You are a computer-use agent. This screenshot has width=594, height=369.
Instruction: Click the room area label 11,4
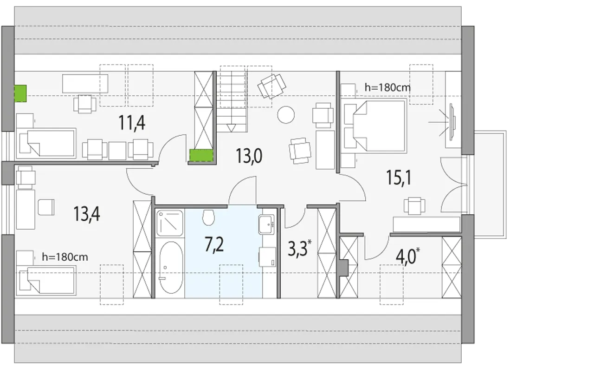132,123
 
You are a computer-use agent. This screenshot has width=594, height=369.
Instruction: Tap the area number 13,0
249,156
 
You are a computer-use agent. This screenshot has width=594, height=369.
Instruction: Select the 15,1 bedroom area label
399,178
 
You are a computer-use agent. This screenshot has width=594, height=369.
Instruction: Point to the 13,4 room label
87,214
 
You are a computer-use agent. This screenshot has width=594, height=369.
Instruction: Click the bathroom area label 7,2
214,245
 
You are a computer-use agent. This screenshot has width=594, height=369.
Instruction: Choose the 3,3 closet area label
300,249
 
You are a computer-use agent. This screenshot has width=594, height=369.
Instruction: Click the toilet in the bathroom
208,217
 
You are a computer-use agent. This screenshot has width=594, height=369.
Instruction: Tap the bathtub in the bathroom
171,268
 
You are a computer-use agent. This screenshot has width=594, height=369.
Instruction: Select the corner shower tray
170,223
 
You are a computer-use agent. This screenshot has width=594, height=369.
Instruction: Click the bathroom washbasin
266,224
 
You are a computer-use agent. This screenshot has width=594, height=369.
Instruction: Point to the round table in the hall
286,115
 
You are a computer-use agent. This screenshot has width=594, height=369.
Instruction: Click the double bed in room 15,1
375,126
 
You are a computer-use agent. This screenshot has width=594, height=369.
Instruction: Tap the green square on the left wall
20,93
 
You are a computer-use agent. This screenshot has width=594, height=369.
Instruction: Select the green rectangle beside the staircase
201,155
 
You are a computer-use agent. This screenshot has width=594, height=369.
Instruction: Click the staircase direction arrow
231,128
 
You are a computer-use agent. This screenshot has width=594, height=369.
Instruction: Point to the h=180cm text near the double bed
387,87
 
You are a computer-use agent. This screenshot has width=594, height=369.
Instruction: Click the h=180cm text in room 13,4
65,257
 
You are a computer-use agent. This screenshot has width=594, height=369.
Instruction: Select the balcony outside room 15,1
490,184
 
